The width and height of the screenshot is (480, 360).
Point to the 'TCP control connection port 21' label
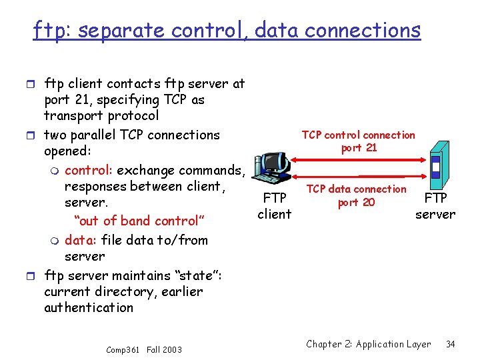(x=359, y=141)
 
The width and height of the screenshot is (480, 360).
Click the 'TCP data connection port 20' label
(x=357, y=196)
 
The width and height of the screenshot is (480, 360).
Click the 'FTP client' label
(x=275, y=206)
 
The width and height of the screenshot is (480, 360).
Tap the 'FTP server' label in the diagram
(x=435, y=206)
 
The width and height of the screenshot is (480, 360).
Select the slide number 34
(x=450, y=344)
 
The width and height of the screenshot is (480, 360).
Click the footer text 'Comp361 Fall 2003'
(x=143, y=349)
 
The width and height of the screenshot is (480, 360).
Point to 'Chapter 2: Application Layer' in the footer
(x=369, y=344)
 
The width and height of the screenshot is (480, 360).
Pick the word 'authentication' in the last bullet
(x=89, y=307)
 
